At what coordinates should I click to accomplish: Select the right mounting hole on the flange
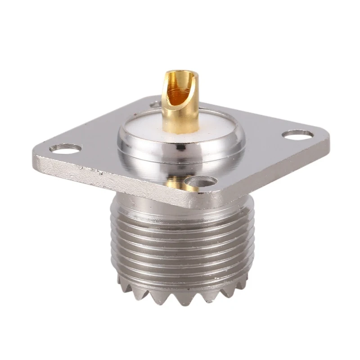pyautogui.click(x=297, y=134)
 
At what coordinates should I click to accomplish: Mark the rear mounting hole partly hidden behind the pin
pyautogui.click(x=155, y=104)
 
